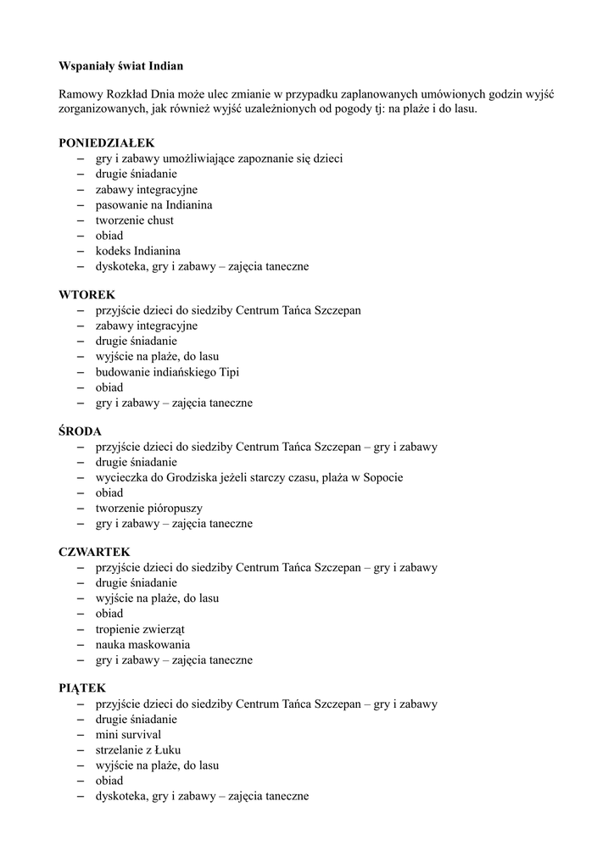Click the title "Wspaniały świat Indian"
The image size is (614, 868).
120,65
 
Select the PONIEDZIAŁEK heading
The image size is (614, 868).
107,143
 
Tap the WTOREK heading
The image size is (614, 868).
87,295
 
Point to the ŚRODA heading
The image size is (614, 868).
80,431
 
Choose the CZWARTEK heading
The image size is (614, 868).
94,553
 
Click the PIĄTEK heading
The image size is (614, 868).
82,688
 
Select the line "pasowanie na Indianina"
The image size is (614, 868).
153,205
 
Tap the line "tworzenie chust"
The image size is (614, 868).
134,220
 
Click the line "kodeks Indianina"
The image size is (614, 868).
137,251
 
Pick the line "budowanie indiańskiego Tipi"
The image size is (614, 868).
168,372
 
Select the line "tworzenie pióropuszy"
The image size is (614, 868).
148,508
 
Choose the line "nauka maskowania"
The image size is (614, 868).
142,644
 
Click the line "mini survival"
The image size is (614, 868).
128,735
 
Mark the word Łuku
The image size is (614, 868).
168,750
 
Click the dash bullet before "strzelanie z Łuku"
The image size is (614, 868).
81,750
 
